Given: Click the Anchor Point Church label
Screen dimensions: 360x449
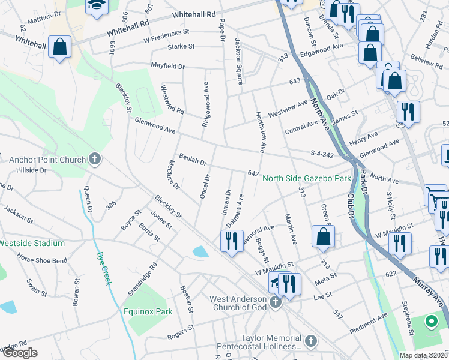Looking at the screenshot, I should [47, 160].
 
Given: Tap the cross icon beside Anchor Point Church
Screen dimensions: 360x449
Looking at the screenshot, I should [94, 160].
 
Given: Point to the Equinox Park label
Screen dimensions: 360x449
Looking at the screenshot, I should [148, 311].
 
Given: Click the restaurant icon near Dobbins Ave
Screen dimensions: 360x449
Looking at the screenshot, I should [232, 241].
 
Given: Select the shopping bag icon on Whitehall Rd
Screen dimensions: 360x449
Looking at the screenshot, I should [59, 47].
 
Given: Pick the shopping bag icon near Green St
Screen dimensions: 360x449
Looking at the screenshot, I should [323, 236].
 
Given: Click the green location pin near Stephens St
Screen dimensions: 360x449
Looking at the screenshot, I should [431, 322].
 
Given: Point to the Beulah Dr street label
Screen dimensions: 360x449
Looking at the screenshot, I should [191, 162].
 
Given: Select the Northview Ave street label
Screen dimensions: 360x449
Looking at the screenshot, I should [261, 131].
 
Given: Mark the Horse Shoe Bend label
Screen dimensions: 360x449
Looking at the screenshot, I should [42, 260].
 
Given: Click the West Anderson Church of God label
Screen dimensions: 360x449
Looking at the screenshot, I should [238, 303].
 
